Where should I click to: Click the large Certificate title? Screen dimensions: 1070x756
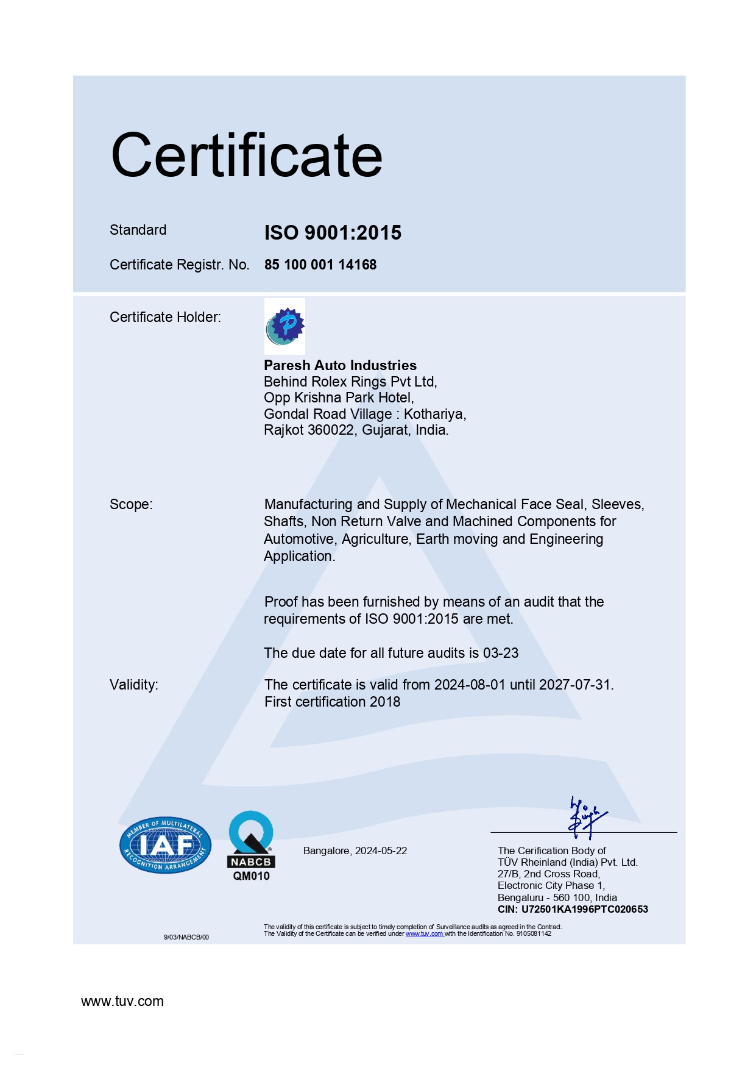247,155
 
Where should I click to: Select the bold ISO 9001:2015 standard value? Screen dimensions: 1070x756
333,232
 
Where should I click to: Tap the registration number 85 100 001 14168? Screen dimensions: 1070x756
320,265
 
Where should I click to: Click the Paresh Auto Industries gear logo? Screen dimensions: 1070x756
285,326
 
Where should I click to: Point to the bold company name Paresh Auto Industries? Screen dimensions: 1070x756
340,365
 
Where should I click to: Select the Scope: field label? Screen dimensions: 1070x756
131,504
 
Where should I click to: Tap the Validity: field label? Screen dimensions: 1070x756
134,685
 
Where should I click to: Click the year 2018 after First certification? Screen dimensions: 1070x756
385,702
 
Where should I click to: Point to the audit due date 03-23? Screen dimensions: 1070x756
501,653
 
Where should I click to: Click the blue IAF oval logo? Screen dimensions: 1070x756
166,845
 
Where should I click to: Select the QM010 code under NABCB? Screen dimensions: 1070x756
251,876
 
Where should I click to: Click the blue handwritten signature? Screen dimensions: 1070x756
585,817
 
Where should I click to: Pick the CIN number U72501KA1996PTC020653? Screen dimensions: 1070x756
584,909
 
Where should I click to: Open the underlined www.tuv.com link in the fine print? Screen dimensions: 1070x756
424,933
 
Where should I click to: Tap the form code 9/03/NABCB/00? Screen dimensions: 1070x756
186,937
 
